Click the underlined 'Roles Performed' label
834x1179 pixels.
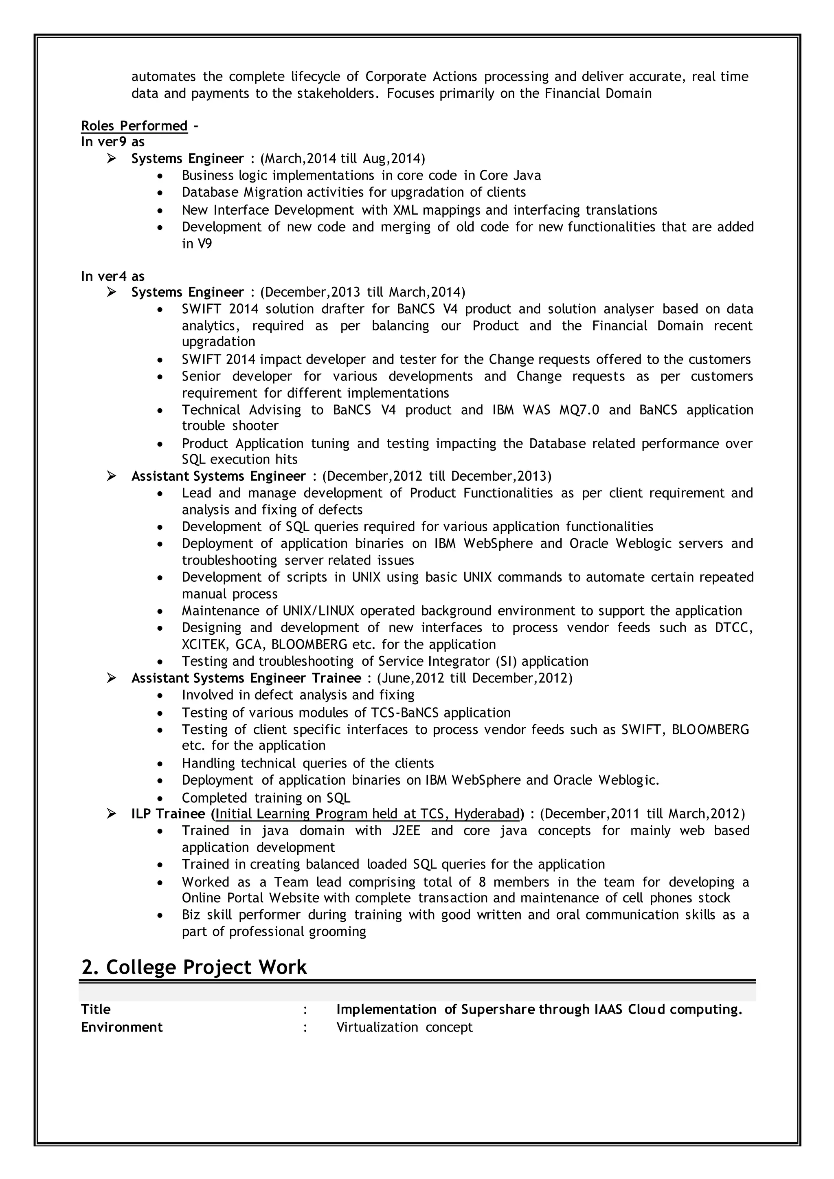[134, 126]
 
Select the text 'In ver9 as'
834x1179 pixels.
[112, 142]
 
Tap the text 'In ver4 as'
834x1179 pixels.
[112, 276]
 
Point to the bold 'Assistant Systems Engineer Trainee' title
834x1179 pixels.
[246, 678]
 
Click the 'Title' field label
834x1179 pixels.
[96, 1010]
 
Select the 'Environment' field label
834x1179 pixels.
[122, 1027]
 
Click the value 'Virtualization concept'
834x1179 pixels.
[404, 1027]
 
